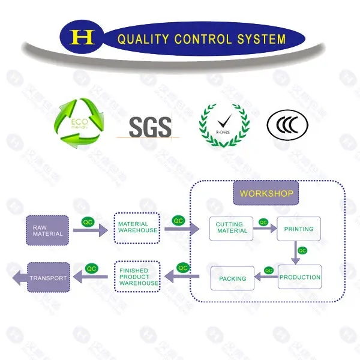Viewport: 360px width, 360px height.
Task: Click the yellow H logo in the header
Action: pyautogui.click(x=83, y=38)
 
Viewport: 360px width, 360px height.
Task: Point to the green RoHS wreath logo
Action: pyautogui.click(x=224, y=124)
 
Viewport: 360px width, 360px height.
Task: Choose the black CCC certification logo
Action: pyautogui.click(x=287, y=124)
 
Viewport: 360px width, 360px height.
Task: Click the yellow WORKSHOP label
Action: pyautogui.click(x=266, y=194)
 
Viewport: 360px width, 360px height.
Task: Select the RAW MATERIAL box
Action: pyautogui.click(x=48, y=230)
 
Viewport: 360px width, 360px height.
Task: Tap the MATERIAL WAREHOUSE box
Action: pyautogui.click(x=137, y=227)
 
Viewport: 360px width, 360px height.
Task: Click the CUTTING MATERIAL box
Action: pyautogui.click(x=232, y=228)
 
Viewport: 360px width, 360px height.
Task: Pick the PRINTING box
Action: pyautogui.click(x=299, y=229)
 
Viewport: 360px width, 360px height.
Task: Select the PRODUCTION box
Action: pyautogui.click(x=299, y=277)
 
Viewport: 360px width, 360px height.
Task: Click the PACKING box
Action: pyautogui.click(x=232, y=278)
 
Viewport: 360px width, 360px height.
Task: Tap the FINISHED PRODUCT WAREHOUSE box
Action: pyautogui.click(x=138, y=277)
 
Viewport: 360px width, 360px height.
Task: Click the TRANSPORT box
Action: pyautogui.click(x=48, y=278)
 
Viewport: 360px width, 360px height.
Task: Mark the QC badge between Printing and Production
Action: pyautogui.click(x=302, y=250)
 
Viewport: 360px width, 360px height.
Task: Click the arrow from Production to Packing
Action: pyautogui.click(x=266, y=277)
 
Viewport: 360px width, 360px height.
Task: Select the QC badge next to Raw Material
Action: pyautogui.click(x=88, y=222)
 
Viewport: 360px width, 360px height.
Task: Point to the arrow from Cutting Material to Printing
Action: pyautogui.click(x=265, y=229)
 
